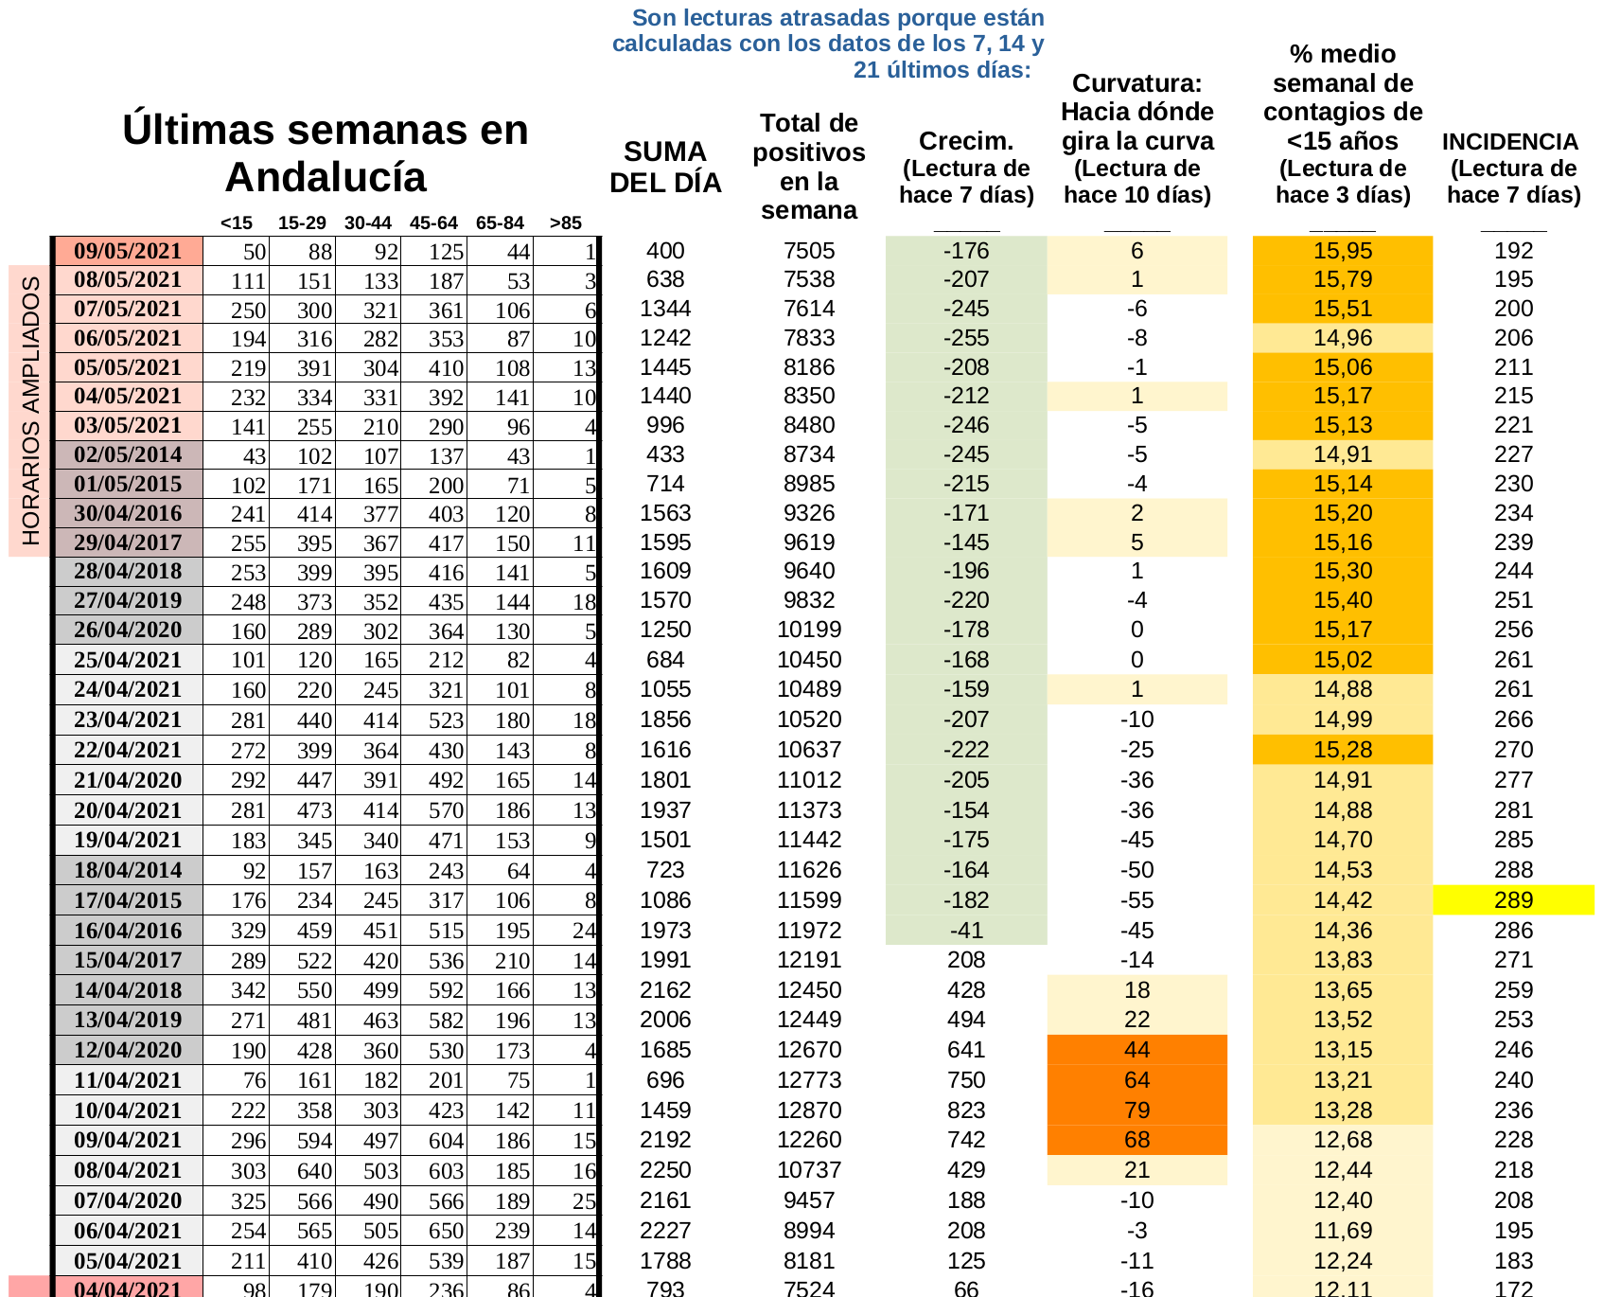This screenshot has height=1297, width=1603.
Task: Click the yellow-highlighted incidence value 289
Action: point(1513,900)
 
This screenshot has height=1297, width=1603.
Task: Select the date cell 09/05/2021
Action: point(128,251)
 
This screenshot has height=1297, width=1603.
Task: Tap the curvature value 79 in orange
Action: point(1136,1110)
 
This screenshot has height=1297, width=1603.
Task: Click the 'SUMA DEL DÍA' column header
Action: point(665,168)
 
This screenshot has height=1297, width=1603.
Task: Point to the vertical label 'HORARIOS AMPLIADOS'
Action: point(30,411)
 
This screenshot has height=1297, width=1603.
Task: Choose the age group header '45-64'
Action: point(433,223)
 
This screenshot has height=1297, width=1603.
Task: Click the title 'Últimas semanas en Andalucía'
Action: point(325,153)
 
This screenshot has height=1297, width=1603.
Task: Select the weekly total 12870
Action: point(809,1110)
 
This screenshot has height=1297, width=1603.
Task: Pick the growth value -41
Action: point(966,931)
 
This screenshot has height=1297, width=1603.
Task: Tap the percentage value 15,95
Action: point(1342,251)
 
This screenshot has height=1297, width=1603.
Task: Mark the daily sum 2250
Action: point(665,1170)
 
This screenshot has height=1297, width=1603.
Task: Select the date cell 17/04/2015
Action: point(128,900)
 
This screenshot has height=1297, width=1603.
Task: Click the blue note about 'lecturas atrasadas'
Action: point(829,44)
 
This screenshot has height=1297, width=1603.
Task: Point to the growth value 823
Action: point(966,1110)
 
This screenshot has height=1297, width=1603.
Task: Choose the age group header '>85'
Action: point(565,223)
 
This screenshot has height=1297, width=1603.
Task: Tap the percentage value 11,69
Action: point(1342,1231)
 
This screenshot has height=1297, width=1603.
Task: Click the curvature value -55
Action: point(1136,900)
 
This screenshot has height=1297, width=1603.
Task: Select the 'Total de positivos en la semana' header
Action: point(809,167)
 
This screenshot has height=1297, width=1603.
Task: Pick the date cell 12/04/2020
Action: point(128,1050)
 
